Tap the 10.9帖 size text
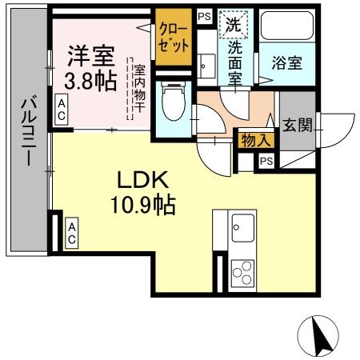click(144, 206)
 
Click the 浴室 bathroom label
click(285, 61)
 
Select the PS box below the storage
click(266, 160)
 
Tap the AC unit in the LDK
click(71, 234)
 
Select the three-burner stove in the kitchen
click(241, 271)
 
